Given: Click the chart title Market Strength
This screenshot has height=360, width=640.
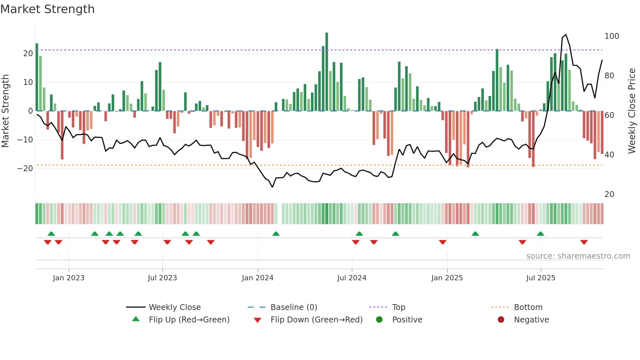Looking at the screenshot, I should click(48, 9).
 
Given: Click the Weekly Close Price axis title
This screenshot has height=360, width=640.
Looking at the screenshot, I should click(632, 111).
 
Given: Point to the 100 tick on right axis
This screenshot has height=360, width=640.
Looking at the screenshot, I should click(611, 36).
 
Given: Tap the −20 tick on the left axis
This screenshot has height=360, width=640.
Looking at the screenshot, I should click(25, 169).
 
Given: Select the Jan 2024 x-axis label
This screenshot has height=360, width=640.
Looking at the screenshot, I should click(257, 278).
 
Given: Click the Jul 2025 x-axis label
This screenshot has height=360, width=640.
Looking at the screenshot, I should click(540, 278).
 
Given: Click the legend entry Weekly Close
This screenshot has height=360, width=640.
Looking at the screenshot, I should click(174, 307).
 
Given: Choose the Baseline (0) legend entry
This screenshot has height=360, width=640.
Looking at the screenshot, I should click(294, 307).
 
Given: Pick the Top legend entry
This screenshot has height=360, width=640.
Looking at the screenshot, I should click(398, 307).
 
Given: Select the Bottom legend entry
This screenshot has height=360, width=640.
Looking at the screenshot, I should click(528, 307).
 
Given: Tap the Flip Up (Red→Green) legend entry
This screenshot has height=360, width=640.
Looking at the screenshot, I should click(189, 320).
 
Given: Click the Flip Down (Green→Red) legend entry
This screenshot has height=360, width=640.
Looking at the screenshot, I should click(316, 320).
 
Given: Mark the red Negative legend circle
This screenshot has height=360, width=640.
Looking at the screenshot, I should click(501, 320).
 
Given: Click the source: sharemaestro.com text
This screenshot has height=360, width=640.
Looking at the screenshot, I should click(578, 256).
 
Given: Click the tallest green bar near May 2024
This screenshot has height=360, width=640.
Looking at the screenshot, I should click(327, 72).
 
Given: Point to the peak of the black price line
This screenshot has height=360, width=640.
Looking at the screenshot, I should click(566, 35).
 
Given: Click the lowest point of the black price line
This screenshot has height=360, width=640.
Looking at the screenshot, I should click(272, 187).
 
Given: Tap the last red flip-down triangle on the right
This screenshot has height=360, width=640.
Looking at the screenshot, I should click(584, 242).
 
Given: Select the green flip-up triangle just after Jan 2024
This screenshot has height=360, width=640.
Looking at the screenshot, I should click(276, 234).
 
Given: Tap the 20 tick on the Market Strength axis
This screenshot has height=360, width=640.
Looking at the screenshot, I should click(28, 54).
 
